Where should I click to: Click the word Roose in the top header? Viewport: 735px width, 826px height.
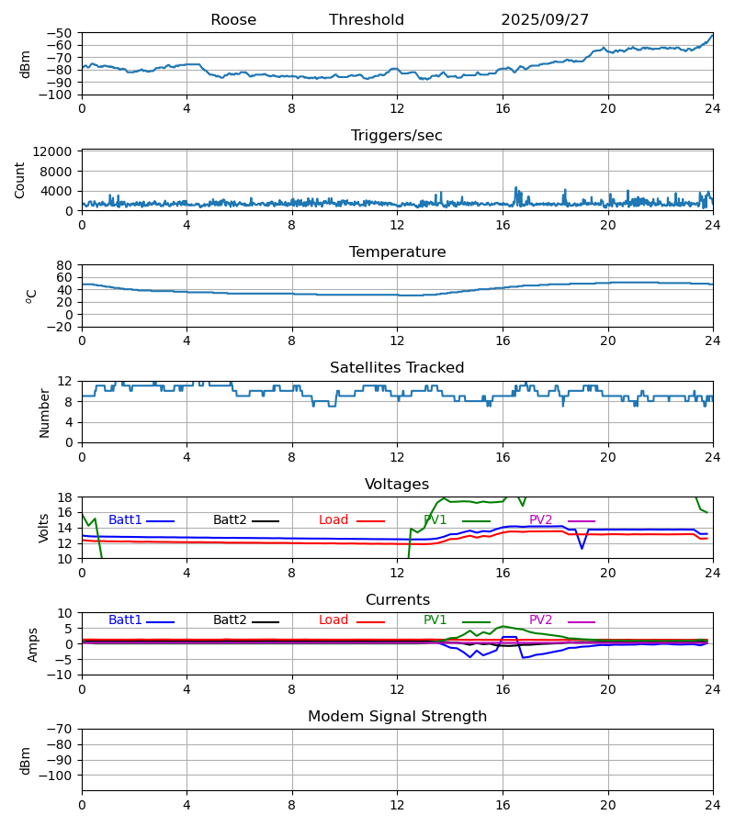point(233,20)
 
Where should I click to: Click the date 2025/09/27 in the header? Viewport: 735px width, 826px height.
point(545,20)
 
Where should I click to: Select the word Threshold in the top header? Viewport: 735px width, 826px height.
point(367,20)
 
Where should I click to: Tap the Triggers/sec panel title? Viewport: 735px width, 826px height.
point(397,136)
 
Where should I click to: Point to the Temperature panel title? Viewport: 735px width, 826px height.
point(397,252)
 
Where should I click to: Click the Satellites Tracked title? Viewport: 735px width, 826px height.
point(397,368)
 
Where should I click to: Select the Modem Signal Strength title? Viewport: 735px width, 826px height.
point(397,717)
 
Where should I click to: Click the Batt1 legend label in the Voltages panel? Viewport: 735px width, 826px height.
point(125,520)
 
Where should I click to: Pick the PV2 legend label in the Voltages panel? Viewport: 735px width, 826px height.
point(541,520)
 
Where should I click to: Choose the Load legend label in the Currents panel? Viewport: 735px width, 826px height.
point(334,620)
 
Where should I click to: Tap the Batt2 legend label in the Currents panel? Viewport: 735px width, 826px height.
point(230,620)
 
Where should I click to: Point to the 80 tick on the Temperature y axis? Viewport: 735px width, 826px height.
point(64,265)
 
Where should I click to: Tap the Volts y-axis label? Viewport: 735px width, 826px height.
point(44,528)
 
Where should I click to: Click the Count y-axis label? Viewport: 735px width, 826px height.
point(20,180)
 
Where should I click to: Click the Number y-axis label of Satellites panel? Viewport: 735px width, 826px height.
point(44,412)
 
